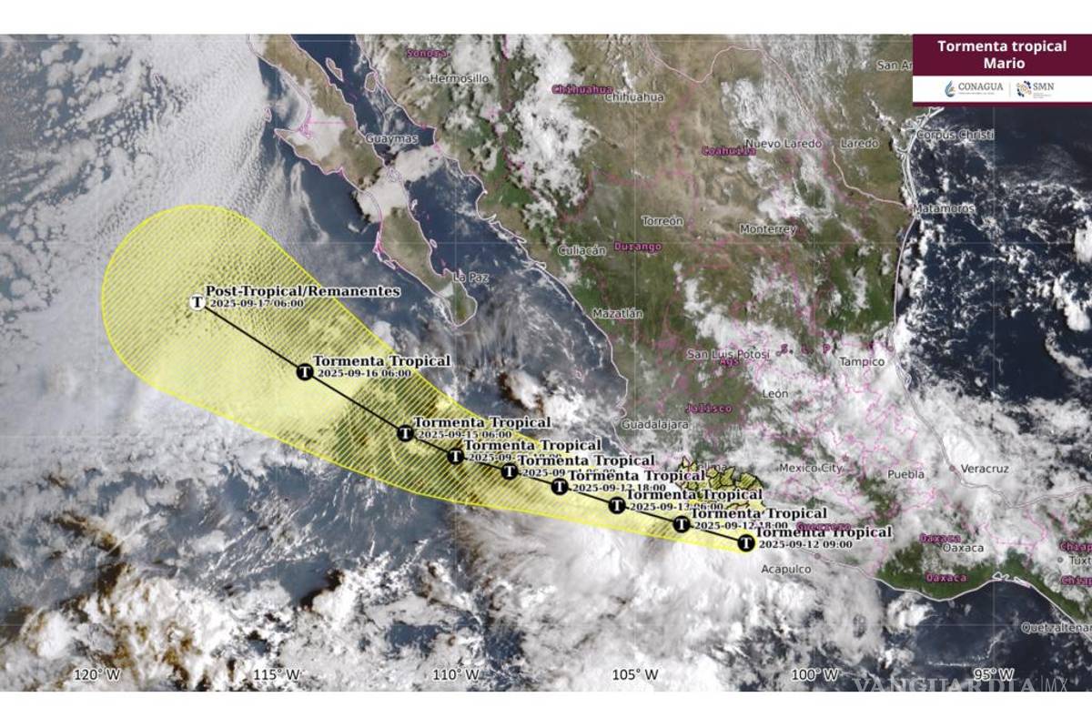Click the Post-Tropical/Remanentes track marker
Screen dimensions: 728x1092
click(x=197, y=302)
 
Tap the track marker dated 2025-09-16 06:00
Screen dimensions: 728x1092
click(x=306, y=371)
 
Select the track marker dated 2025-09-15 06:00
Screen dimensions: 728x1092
click(x=405, y=433)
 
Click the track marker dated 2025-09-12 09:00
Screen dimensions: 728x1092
click(x=745, y=543)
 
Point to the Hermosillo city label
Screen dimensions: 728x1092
click(x=460, y=79)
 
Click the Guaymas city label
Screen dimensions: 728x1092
click(x=390, y=139)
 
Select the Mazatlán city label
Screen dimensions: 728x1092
click(x=618, y=314)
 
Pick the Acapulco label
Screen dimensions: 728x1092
click(x=783, y=570)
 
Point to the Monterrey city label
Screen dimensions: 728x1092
click(x=768, y=229)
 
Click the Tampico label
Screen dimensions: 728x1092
click(x=861, y=361)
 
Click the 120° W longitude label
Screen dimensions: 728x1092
click(x=97, y=674)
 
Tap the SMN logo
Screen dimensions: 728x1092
click(x=1036, y=88)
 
